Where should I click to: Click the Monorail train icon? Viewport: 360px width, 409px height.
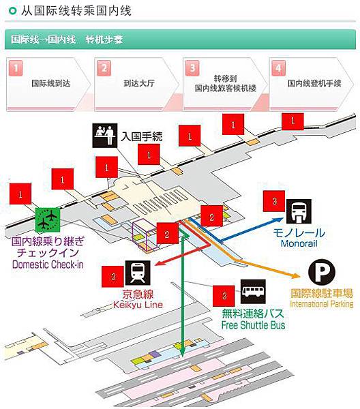coord(299,211)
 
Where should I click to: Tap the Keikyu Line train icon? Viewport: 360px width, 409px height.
coord(138,273)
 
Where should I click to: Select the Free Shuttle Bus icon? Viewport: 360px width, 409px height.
coord(253,291)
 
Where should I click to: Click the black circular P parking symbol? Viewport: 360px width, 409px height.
coord(321,271)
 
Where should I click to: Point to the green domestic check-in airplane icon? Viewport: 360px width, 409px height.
coord(48,220)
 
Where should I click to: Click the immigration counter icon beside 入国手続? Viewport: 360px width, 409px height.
coord(105,136)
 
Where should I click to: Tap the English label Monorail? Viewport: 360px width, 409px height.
coord(299,243)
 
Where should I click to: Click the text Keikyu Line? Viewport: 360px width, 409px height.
coord(138,305)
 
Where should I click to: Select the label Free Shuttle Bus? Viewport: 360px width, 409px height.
coord(253,325)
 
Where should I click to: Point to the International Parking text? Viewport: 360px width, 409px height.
coord(322,304)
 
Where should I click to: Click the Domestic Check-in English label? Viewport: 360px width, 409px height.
coord(48,264)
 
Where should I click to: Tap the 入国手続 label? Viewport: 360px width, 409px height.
coord(142,136)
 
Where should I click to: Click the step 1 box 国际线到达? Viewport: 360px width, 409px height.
coord(48,85)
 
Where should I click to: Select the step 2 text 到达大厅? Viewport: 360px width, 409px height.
coord(139,83)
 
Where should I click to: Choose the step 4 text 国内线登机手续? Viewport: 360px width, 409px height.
coord(314,83)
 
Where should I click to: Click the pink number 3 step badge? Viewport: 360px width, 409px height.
coord(192,68)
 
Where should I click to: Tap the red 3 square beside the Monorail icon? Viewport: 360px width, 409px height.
coord(274,201)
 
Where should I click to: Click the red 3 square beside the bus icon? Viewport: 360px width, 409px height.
coord(224,296)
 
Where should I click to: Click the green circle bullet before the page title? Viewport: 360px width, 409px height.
coord(12,11)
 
